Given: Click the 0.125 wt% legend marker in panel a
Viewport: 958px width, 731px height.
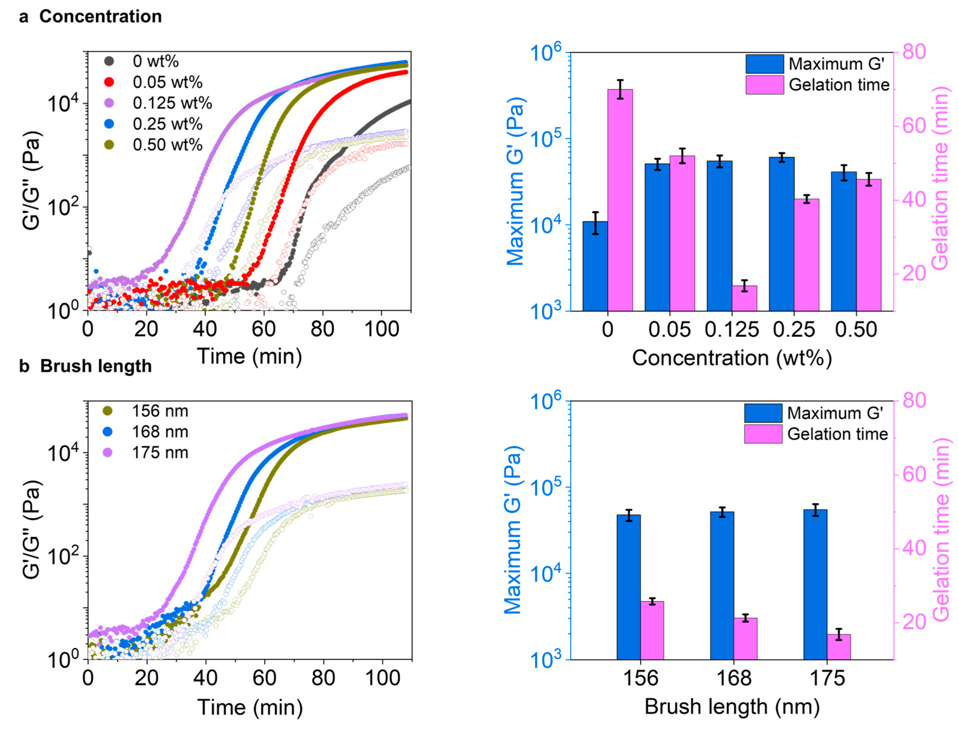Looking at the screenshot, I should pyautogui.click(x=109, y=103).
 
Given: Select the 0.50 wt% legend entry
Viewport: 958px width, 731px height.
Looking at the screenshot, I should pyautogui.click(x=167, y=145).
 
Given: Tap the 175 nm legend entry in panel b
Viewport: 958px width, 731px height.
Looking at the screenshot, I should pyautogui.click(x=160, y=452).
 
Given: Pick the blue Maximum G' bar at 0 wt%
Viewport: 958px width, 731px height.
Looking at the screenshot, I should pyautogui.click(x=595, y=266).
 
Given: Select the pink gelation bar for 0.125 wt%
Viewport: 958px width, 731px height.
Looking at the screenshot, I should pyautogui.click(x=744, y=298).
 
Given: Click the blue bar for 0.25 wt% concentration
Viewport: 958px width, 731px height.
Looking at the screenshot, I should pyautogui.click(x=781, y=234).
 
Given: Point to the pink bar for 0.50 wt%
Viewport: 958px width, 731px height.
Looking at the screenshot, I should pyautogui.click(x=869, y=245).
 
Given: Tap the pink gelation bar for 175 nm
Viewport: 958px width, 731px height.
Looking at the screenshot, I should pyautogui.click(x=838, y=647).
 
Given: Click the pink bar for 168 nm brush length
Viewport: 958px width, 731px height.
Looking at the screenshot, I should pyautogui.click(x=745, y=638).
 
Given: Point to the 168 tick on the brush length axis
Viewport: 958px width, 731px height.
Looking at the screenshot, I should pyautogui.click(x=734, y=678).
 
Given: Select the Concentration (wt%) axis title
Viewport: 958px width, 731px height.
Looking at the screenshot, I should pyautogui.click(x=732, y=358).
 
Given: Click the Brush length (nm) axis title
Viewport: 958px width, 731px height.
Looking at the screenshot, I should pyautogui.click(x=732, y=707).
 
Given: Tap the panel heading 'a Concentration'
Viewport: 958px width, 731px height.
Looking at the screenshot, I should pyautogui.click(x=90, y=17).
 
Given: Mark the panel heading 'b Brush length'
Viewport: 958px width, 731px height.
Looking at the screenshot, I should pyautogui.click(x=85, y=366).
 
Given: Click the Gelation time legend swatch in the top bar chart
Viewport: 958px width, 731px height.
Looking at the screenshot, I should pyautogui.click(x=765, y=85).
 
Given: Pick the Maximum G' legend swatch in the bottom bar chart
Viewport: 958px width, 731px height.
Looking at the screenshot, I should pyautogui.click(x=763, y=413).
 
